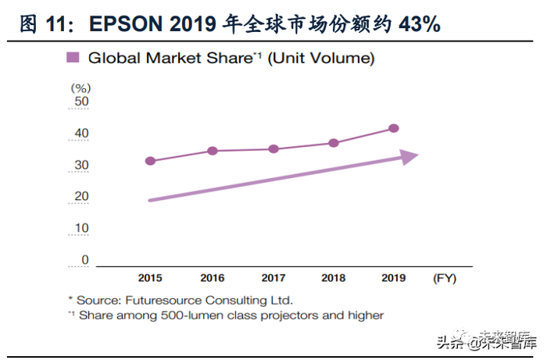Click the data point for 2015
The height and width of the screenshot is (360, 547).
point(150,161)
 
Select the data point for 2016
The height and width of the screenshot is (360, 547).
point(212,150)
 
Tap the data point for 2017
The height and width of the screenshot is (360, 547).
point(273,148)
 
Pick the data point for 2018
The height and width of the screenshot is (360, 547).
point(333,143)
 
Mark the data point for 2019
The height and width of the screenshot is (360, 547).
point(394,128)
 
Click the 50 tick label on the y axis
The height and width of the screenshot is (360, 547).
point(81,102)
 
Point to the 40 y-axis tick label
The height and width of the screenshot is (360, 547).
point(81,134)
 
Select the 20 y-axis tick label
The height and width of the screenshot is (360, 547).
point(81,197)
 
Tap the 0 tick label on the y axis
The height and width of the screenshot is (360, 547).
point(85,260)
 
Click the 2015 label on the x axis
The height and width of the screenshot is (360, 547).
point(150,277)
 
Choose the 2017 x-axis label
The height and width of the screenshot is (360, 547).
point(273,277)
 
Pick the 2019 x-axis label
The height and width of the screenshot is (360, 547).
point(394,277)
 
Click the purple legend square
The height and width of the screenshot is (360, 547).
point(73,57)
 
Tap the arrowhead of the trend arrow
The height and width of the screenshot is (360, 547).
point(409,156)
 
